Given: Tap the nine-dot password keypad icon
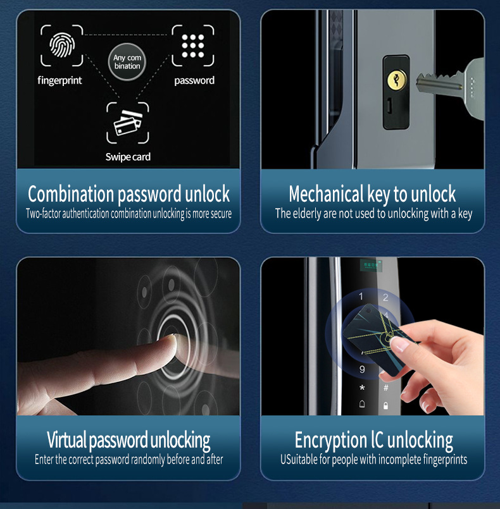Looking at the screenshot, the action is [193, 46].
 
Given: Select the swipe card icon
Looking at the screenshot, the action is [128, 123].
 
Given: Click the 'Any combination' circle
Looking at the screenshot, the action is [127, 62].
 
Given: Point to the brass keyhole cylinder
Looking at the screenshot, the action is [396, 80].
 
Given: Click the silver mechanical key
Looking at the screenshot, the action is [452, 83].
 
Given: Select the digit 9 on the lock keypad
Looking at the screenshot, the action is [362, 369].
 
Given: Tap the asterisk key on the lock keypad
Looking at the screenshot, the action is [362, 388].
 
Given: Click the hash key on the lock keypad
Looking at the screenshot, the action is [386, 388].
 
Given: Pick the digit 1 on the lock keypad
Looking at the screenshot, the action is [361, 296].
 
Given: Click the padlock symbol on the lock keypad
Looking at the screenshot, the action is [385, 405].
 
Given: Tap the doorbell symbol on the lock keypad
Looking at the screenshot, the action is [362, 404].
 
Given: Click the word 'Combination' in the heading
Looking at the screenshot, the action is [70, 193].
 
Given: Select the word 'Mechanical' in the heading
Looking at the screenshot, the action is [326, 193].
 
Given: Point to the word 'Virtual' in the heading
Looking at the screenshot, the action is [66, 439].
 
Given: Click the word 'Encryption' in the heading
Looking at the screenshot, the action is [330, 441].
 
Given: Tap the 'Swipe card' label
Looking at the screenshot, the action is [128, 157].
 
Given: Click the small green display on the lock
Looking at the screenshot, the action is [371, 266].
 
